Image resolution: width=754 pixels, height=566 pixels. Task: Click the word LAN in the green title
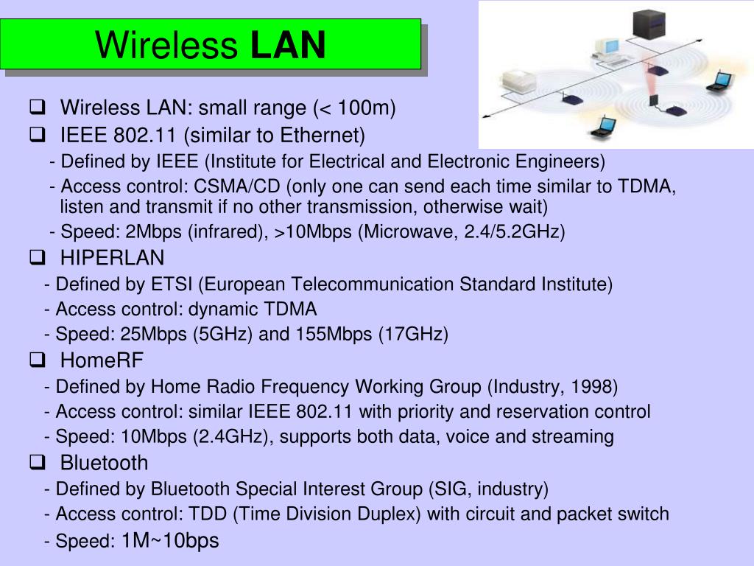(288, 45)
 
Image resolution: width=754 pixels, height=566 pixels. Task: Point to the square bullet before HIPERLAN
(36, 258)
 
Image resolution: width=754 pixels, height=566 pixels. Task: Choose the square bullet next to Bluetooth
(36, 463)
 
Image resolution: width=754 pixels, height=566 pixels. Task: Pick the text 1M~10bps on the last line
(170, 541)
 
